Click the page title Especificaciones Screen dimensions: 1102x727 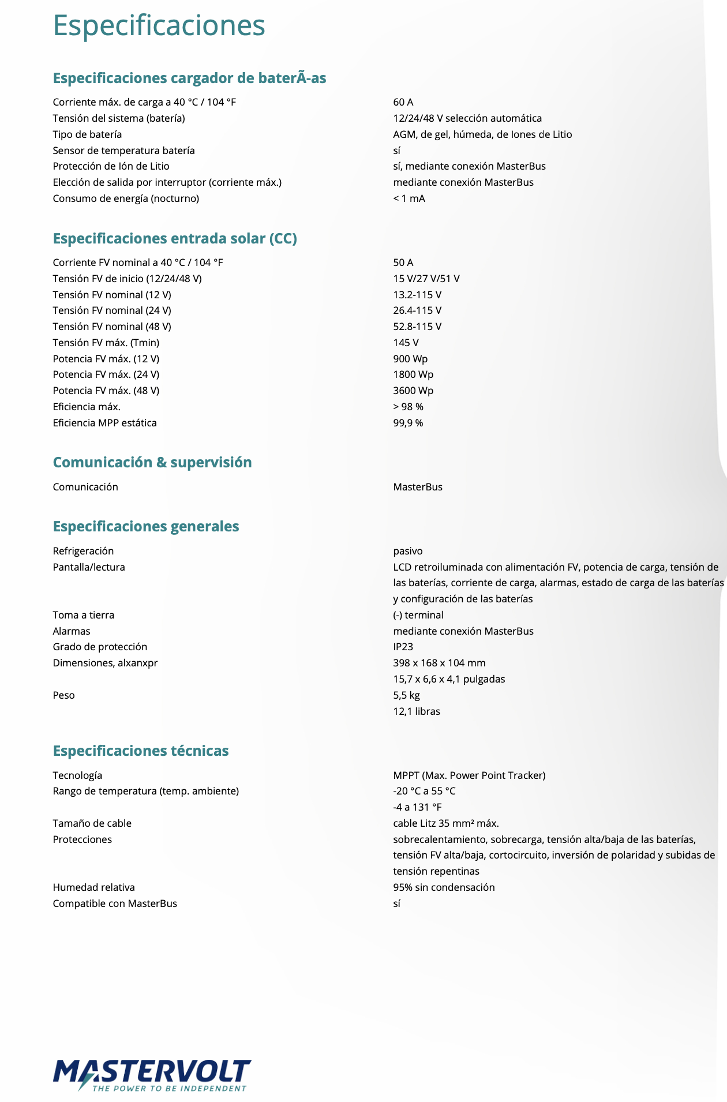159,25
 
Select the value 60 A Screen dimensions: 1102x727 403,102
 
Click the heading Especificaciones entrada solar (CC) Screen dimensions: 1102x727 175,238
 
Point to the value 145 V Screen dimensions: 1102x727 406,343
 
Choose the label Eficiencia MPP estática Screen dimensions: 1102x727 104,423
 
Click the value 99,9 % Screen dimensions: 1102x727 408,423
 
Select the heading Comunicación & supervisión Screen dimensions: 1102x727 152,462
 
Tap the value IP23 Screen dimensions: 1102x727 403,647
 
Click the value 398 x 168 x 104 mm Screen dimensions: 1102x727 439,663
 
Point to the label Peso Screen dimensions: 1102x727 64,695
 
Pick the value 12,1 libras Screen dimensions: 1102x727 417,711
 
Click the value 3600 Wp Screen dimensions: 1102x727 413,391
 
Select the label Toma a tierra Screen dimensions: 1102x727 84,615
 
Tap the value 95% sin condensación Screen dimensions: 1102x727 444,887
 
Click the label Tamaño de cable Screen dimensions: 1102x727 92,823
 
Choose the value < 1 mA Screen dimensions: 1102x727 409,198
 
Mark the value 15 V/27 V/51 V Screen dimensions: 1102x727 426,279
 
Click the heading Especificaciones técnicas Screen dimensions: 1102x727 141,751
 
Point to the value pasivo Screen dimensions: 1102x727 408,551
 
